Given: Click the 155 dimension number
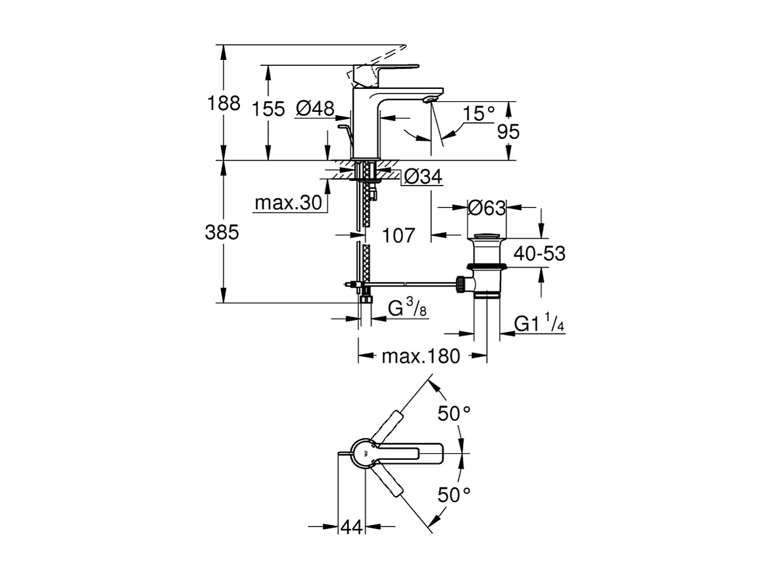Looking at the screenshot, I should (x=269, y=109).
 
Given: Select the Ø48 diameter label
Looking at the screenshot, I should (x=315, y=109).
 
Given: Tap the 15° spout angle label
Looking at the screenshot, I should (x=478, y=114).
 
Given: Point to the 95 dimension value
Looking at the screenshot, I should (x=508, y=132).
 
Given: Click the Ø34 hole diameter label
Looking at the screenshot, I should (x=422, y=176).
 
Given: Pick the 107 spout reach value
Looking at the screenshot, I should (x=398, y=235).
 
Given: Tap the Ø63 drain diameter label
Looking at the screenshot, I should (x=487, y=209).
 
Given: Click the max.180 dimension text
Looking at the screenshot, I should (x=422, y=357).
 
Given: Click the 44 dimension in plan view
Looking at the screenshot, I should (x=352, y=526).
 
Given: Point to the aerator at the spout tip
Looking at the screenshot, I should (x=429, y=99).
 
